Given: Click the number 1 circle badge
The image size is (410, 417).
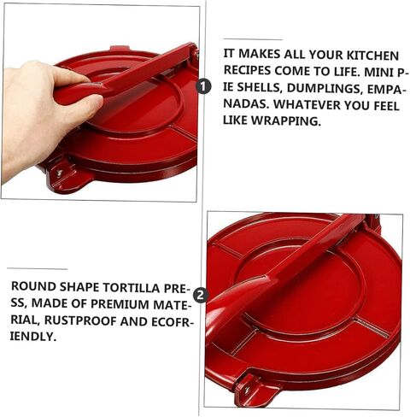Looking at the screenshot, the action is [204, 86].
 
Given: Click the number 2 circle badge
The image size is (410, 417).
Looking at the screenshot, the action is [201, 295].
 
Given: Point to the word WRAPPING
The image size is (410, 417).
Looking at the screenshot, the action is [285, 120].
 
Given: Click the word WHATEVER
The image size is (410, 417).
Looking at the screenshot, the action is [307, 104].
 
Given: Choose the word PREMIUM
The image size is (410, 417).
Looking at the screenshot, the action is [120, 304].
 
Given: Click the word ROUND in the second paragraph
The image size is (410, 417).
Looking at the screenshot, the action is [33, 287].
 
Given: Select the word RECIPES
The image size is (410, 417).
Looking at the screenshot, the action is [247, 70].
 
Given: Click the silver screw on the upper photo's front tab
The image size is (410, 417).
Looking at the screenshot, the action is [59, 173].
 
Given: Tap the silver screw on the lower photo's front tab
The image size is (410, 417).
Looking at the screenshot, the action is [247, 390].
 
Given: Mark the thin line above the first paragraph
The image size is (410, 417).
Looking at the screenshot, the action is [253, 39].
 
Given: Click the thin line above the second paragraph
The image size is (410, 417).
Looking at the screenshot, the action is [38, 268].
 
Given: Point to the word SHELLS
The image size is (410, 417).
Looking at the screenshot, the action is [259, 88].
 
